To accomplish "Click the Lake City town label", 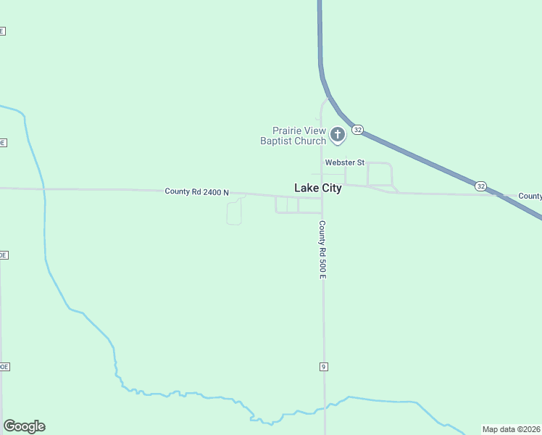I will pos(317,188).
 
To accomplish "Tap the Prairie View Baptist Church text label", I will pos(293,136).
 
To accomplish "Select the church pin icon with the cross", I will pos(337,134).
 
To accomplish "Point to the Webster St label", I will pos(344,163).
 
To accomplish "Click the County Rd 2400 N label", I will pos(196,192).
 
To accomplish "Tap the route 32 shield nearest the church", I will pos(357,130).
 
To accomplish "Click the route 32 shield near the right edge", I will pos(481,186).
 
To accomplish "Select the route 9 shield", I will pos(323,367).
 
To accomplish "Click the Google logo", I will pos(24,426).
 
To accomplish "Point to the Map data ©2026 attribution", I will pos(512,429).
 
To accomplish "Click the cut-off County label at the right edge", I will pos(530,196).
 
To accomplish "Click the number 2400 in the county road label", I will pos(211,192).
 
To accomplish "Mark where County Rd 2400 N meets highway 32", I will pos(496,194).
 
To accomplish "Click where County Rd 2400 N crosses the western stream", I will pos(43,189).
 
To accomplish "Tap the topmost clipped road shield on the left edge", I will pos(2,31).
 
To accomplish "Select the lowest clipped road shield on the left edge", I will pos(4,367).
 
